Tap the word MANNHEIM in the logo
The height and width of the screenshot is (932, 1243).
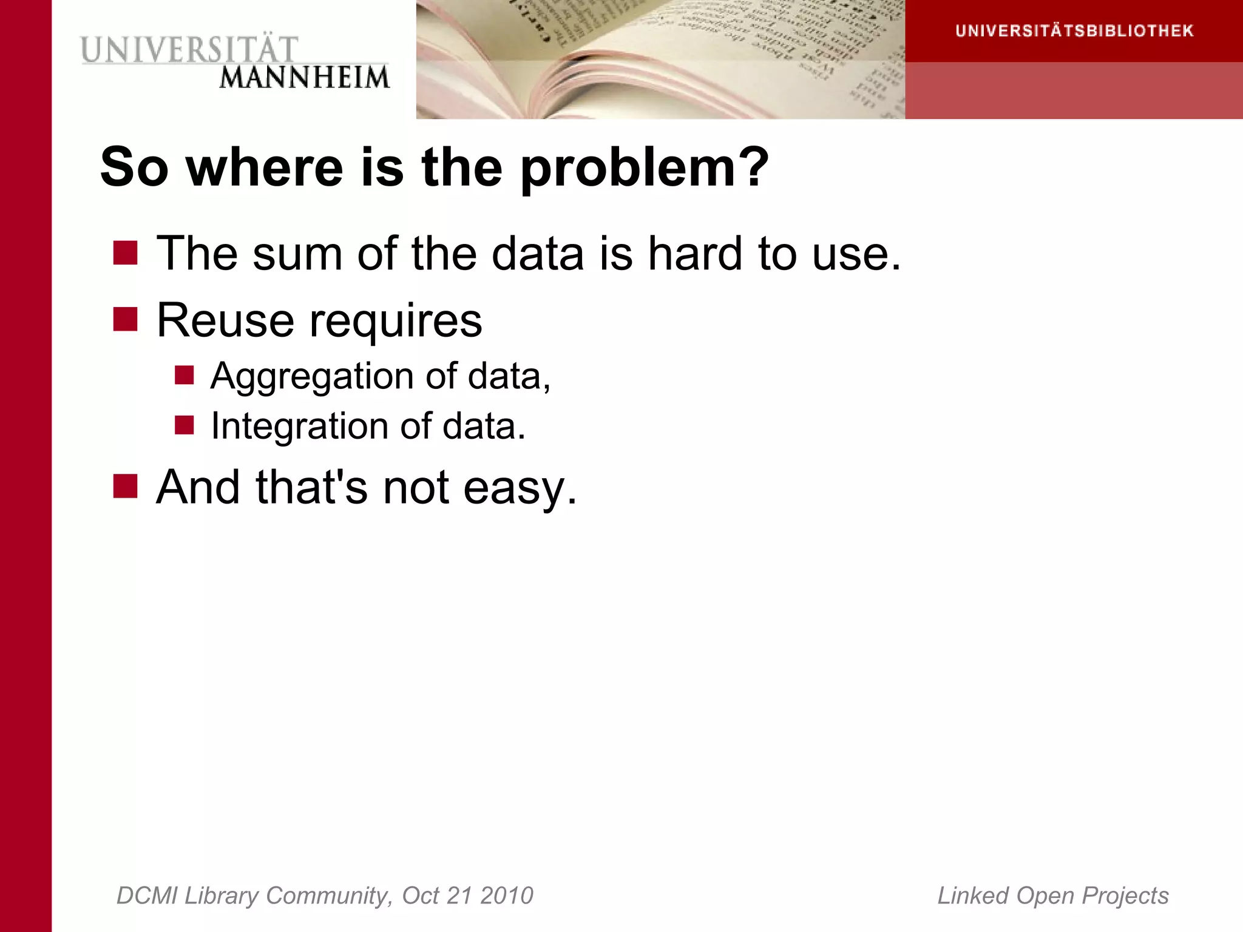click(304, 78)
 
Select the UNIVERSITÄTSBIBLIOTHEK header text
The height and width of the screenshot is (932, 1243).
click(1074, 31)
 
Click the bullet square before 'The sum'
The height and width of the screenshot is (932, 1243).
click(125, 253)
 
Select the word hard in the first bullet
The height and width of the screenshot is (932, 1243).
click(695, 253)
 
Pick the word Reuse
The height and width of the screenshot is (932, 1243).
click(225, 320)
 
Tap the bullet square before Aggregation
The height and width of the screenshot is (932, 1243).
click(184, 375)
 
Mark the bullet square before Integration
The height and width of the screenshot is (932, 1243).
click(184, 425)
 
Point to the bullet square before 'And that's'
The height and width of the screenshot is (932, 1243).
click(125, 486)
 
